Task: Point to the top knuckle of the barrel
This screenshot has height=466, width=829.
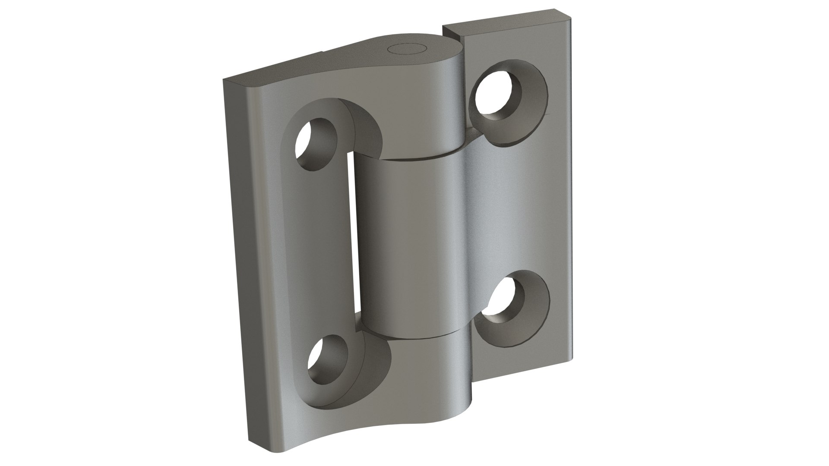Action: pos(419,108)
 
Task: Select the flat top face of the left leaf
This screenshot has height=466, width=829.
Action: pos(276,73)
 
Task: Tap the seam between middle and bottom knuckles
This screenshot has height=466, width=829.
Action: pos(414,337)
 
